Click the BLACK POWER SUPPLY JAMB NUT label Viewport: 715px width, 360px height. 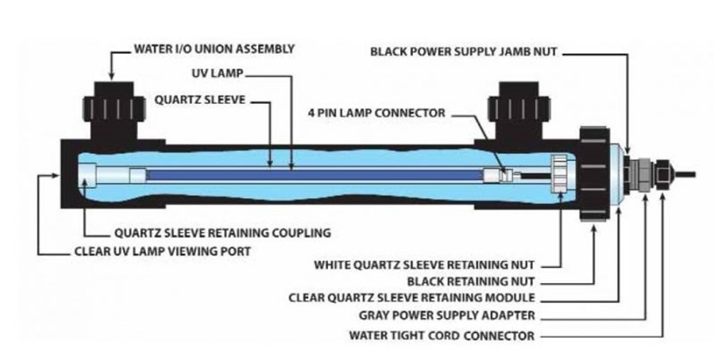click(464, 52)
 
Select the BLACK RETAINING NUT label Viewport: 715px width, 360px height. click(470, 281)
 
